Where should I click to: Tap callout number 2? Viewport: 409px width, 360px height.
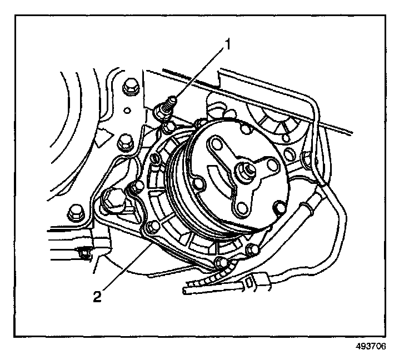point(97,295)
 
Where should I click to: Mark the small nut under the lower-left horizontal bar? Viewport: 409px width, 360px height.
point(84,254)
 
